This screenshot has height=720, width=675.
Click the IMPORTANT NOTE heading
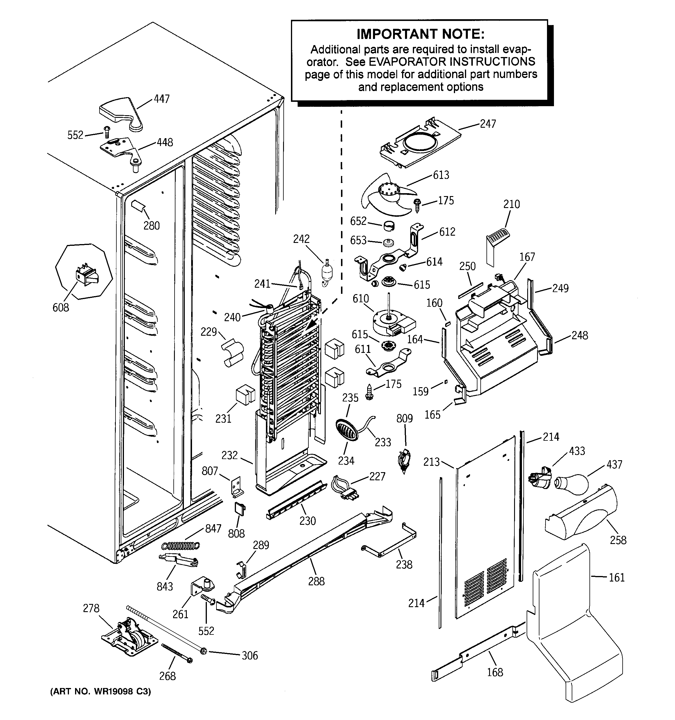point(420,34)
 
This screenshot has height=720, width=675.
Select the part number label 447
point(161,99)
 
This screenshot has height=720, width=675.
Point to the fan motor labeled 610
point(393,323)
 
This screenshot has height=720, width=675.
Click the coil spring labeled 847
point(181,545)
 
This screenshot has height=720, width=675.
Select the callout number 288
point(316,581)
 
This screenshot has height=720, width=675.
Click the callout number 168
point(495,672)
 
